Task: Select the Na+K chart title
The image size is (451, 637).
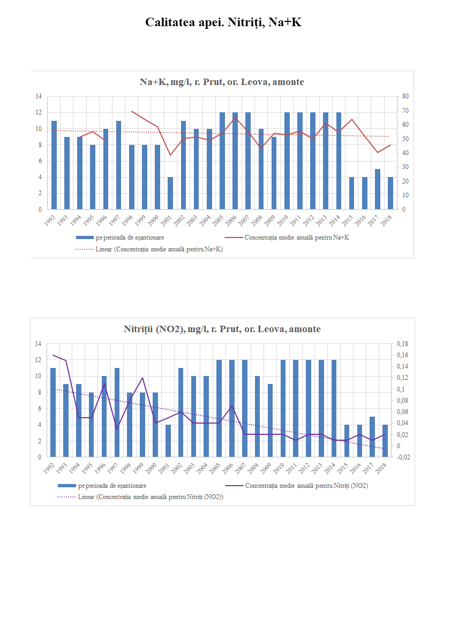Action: coord(222,82)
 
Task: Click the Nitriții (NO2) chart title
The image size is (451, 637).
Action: coord(222,329)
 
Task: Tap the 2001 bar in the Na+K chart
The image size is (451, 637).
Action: coord(170,193)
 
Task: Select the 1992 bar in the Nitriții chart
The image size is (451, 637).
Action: coord(53,412)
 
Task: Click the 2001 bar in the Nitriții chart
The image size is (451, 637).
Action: coord(168,441)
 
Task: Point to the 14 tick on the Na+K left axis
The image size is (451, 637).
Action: coord(39,96)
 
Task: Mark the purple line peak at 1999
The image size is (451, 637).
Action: coord(142,378)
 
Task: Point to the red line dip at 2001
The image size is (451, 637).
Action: coord(170,155)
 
